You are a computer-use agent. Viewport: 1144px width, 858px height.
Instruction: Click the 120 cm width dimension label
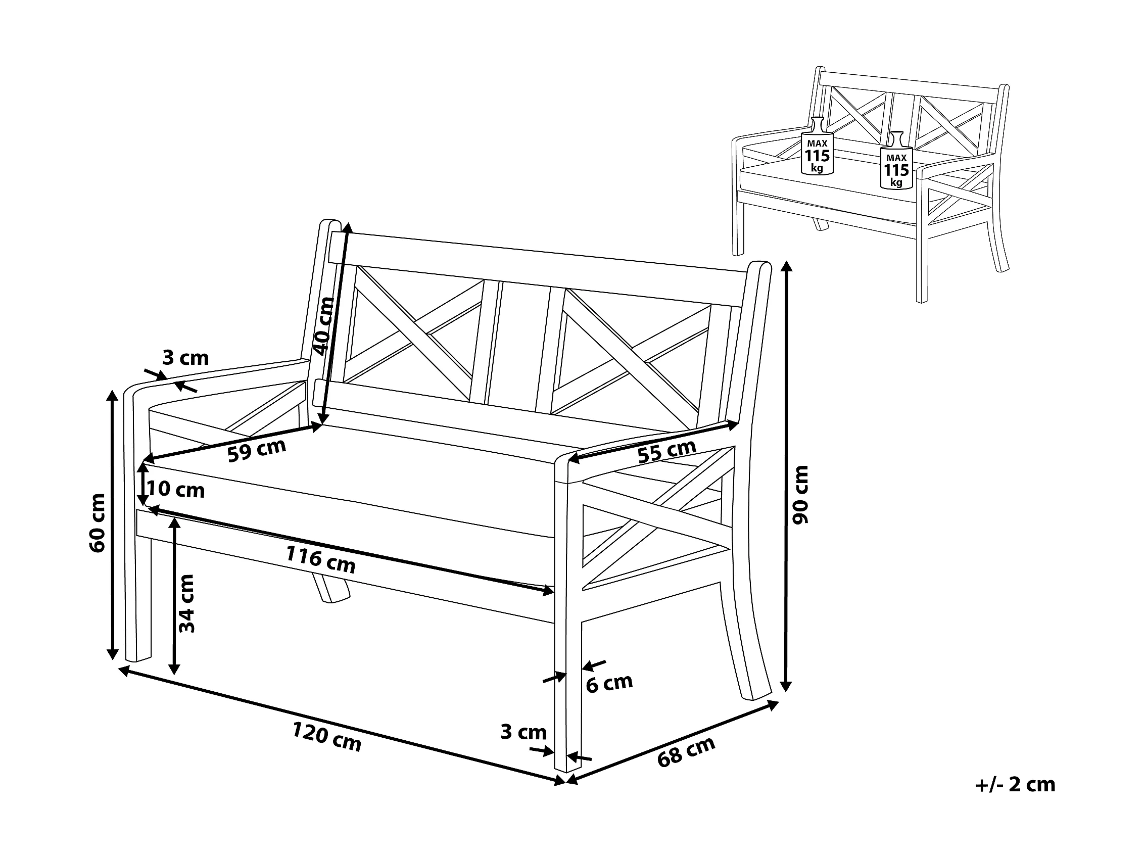326,736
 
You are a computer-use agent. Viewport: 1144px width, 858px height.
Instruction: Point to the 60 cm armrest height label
98,523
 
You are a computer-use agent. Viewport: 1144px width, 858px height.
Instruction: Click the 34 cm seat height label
186,603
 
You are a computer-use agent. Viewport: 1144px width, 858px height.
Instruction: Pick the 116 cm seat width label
321,559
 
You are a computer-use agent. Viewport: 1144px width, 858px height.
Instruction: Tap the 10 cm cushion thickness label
176,489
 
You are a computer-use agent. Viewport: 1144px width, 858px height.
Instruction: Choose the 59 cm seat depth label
257,450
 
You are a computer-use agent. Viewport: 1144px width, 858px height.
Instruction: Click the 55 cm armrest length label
666,452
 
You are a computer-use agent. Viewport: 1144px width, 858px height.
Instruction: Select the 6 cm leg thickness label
609,684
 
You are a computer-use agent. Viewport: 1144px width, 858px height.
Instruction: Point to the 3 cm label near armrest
185,357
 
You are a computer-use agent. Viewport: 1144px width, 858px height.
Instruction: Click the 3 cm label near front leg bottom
523,732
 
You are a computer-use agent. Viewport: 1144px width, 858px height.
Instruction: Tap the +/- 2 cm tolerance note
1015,785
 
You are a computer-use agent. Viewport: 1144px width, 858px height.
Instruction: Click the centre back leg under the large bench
330,588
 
